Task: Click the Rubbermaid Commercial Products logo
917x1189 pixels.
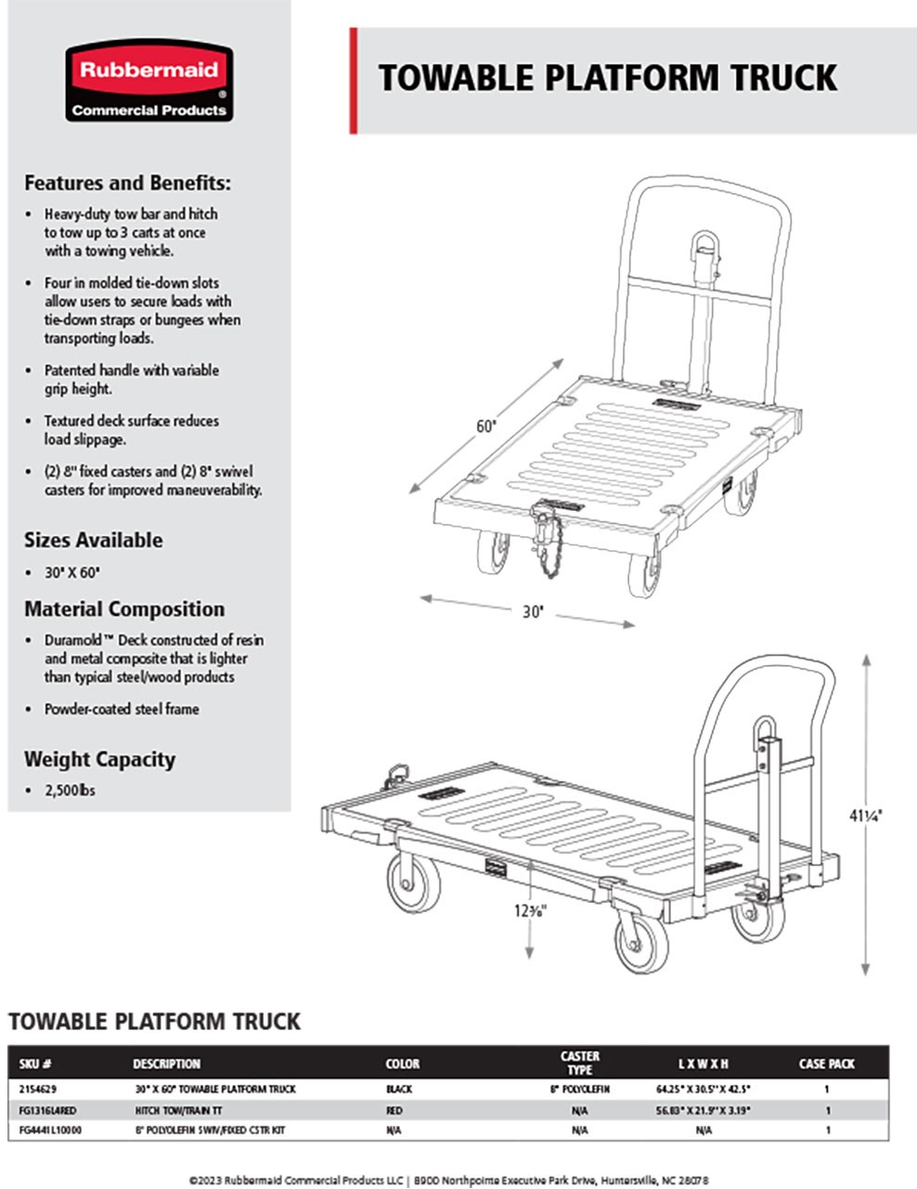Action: point(149,81)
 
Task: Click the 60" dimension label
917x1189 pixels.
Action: point(487,426)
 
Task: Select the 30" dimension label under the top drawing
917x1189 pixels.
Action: point(531,612)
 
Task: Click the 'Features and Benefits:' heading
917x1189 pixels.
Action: point(127,183)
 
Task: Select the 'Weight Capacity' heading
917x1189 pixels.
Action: point(99,759)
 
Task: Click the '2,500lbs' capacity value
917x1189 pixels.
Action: point(70,790)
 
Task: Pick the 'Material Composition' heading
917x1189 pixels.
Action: point(124,609)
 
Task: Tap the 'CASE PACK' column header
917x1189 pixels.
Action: point(826,1064)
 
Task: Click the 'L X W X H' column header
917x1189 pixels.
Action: point(703,1064)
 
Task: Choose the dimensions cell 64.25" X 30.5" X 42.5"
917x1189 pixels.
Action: point(703,1088)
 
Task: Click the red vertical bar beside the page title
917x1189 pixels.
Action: point(354,81)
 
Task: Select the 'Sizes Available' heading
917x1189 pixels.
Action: point(93,541)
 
